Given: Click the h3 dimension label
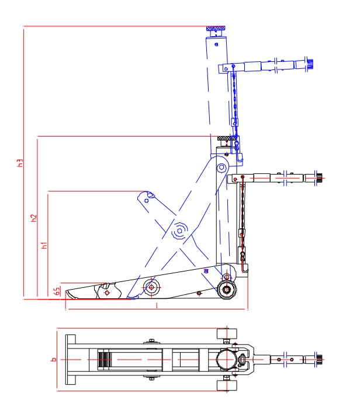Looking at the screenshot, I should pos(19,163).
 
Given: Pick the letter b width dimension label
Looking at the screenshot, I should pos(53,360).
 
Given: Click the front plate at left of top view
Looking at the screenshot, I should pos(71,360).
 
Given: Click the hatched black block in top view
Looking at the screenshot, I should pos(104,360).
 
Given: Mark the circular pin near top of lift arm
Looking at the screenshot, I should pos(222,168).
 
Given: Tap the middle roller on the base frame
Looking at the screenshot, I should pos(152,286).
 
